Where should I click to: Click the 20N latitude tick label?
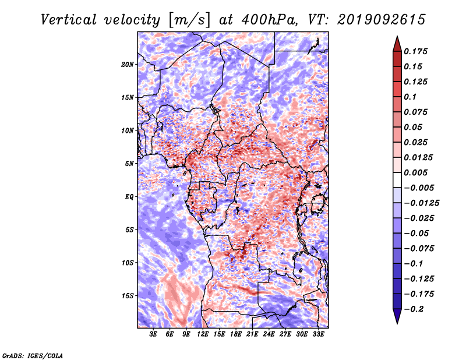coord(128,65)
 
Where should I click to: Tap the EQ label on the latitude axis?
coord(129,197)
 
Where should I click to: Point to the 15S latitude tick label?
coord(128,296)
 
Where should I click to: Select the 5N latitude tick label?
coord(129,164)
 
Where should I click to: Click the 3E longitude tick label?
coord(153,334)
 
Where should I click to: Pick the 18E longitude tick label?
coord(236,334)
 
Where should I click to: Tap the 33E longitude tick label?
coord(318,334)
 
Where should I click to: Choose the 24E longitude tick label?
coord(269,334)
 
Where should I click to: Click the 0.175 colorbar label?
coord(416,51)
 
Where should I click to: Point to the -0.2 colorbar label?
coord(414,309)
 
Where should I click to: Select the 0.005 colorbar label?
coord(416,172)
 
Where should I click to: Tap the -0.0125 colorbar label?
coord(421,203)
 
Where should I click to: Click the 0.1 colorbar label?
coord(410,97)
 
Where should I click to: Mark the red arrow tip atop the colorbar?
coord(397,36)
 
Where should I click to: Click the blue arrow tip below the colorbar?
coord(397,323)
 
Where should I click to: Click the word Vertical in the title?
coord(69,20)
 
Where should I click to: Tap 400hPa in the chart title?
coord(269,20)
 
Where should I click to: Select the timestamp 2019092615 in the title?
coord(381,20)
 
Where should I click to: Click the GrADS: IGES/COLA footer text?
coord(33,356)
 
